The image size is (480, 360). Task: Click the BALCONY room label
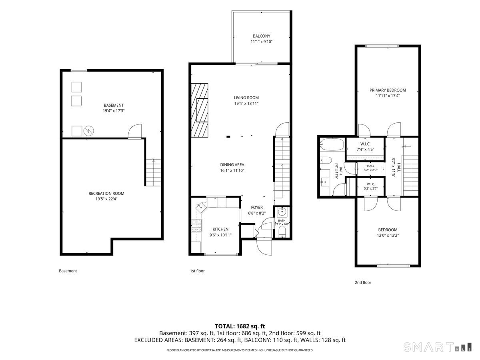[x=261, y=36]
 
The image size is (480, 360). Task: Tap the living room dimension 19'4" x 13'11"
[x=246, y=103]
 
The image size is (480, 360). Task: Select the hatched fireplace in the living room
[x=200, y=110]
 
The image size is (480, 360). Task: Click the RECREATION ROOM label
[x=106, y=194]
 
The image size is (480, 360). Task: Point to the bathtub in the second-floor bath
[x=332, y=144]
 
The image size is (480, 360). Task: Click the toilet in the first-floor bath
[x=282, y=232]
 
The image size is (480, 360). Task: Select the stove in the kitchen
[x=197, y=225]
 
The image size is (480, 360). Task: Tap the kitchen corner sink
[x=201, y=207]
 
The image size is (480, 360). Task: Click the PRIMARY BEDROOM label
[x=388, y=90]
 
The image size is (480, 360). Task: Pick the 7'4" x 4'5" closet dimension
[x=365, y=150]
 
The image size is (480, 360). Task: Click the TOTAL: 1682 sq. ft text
[x=240, y=326]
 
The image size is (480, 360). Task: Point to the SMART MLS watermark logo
[x=437, y=347]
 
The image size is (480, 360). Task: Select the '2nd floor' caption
[x=363, y=282]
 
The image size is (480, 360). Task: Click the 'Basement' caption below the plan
[x=68, y=271]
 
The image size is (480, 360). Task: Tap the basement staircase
[x=154, y=173]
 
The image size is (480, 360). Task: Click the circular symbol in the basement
[x=88, y=131]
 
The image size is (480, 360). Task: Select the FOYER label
[x=257, y=208]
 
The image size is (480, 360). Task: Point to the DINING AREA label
[x=232, y=165]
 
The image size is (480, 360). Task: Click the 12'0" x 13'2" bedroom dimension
[x=388, y=236]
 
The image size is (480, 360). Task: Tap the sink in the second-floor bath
[x=325, y=182]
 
